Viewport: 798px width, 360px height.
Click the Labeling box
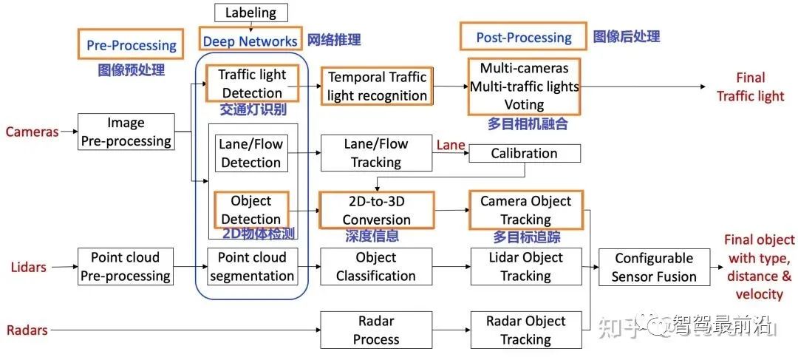(x=251, y=13)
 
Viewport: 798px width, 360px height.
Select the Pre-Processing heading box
(x=130, y=44)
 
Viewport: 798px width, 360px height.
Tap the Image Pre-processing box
(x=126, y=132)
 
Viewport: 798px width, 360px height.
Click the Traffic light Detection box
(x=252, y=84)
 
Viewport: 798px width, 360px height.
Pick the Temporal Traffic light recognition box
(x=377, y=86)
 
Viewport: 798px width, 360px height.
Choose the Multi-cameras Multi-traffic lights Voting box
(x=524, y=86)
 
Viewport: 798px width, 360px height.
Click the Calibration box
(x=524, y=153)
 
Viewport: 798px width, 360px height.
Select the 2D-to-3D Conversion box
(x=376, y=210)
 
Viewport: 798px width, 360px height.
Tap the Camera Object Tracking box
(x=526, y=210)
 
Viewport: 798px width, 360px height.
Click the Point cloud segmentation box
(x=252, y=266)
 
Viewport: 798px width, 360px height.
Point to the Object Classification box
(x=376, y=266)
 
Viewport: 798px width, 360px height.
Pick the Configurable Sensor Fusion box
(x=654, y=267)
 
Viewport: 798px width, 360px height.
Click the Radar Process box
(x=376, y=330)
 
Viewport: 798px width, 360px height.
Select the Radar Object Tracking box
(x=526, y=330)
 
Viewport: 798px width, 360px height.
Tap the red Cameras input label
(x=32, y=132)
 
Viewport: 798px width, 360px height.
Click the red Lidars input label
(x=29, y=267)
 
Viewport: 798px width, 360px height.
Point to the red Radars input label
(x=27, y=330)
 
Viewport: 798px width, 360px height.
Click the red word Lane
(x=451, y=145)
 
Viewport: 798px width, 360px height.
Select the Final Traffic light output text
(x=751, y=86)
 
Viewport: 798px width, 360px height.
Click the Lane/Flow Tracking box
(x=376, y=153)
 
